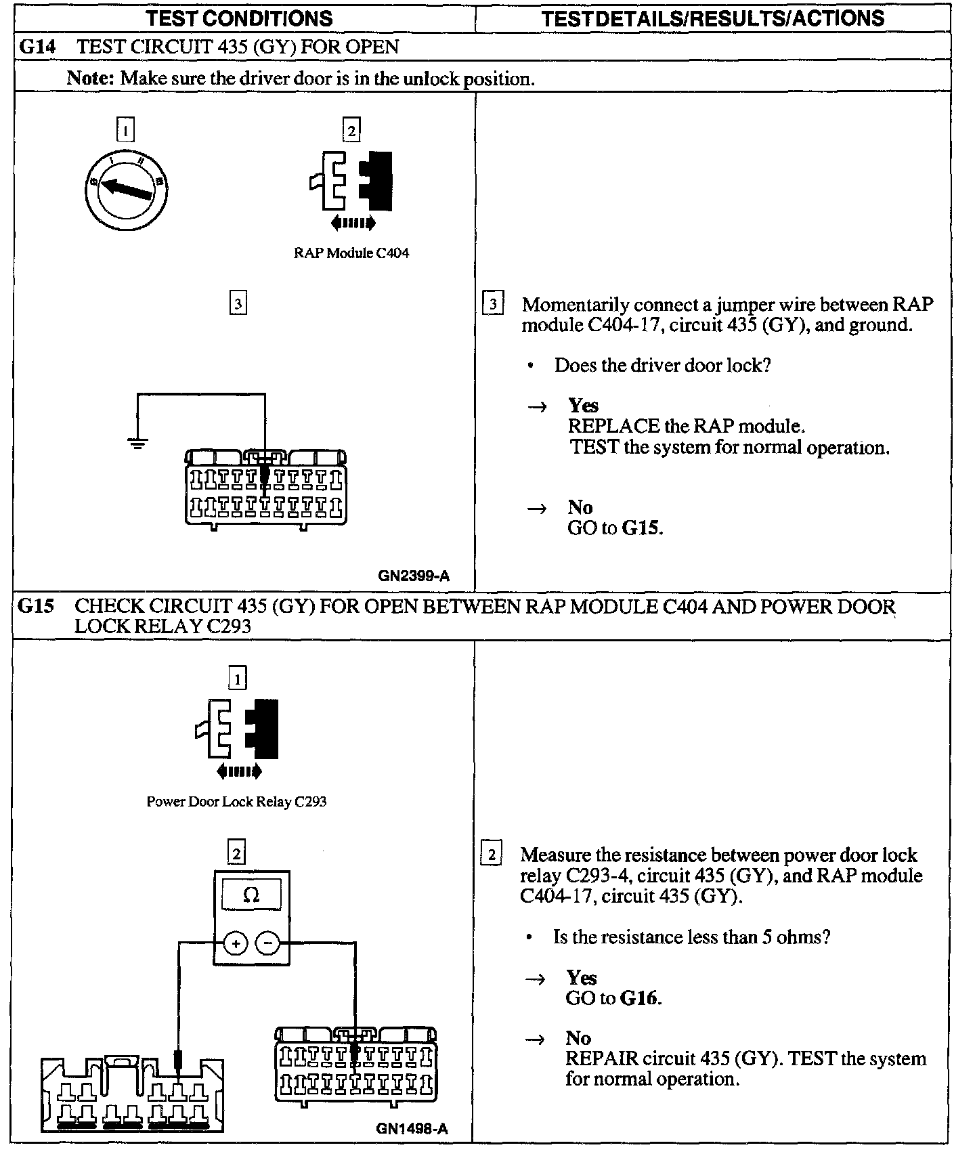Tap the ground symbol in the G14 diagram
click(x=137, y=444)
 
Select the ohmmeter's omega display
click(x=251, y=895)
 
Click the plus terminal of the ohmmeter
click(x=235, y=943)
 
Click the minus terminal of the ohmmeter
click(x=268, y=943)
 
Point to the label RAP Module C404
click(x=351, y=253)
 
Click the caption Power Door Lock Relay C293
click(x=236, y=802)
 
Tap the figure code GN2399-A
click(x=414, y=577)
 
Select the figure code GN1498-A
click(x=412, y=1129)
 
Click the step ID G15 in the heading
click(x=36, y=605)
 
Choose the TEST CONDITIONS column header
click(x=240, y=18)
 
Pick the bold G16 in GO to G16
click(x=641, y=998)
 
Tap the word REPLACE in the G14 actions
click(x=613, y=426)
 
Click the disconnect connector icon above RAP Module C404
click(x=351, y=181)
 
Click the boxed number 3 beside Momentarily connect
click(x=492, y=304)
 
